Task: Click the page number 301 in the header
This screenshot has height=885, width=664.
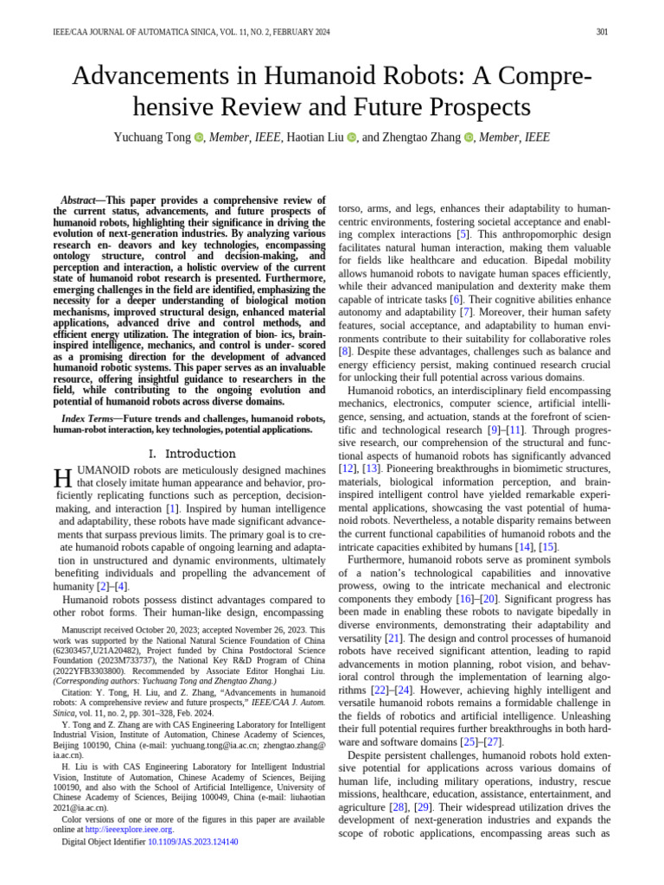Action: tap(602, 32)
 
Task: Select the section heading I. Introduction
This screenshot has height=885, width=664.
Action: tap(191, 454)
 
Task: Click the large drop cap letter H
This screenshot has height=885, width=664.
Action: tap(61, 478)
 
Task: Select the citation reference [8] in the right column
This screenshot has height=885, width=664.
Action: tap(344, 352)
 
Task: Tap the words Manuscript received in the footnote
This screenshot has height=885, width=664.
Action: tap(101, 631)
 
